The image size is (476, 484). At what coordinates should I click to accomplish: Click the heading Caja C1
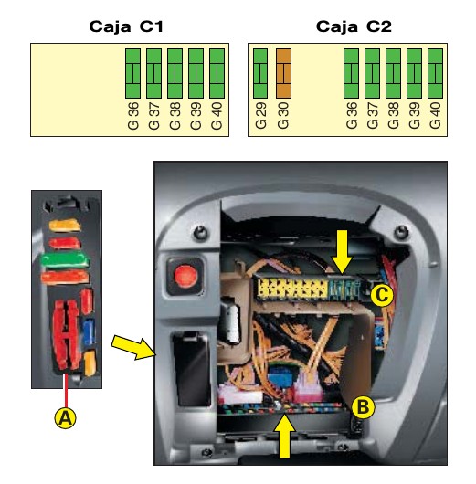point(126,26)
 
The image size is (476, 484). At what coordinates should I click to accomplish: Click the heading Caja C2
point(354,26)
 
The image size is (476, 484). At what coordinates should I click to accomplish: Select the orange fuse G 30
point(283,73)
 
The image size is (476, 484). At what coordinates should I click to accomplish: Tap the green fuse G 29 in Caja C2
point(260,73)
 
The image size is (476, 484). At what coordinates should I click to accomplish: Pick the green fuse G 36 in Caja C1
point(133,73)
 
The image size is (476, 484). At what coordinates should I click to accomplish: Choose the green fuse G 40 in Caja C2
point(435,73)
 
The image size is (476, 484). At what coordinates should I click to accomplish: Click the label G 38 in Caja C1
point(175,116)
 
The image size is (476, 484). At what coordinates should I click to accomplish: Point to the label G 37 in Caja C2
point(373,116)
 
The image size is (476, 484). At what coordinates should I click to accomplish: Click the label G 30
point(283,116)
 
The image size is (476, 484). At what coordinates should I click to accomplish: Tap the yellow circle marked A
point(65,418)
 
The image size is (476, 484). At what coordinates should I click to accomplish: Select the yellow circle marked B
point(364,407)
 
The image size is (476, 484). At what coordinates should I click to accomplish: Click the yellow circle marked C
point(382,295)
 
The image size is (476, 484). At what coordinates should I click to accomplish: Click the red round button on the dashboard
point(185,276)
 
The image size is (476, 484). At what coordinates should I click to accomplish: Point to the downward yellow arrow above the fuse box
point(341,252)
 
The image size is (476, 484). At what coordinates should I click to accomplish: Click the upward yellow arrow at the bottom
point(284,437)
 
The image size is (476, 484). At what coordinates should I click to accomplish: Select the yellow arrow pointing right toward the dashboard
point(133,348)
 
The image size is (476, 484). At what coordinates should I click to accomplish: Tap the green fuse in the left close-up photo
point(65,261)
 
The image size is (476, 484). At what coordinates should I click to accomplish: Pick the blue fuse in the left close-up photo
point(90,331)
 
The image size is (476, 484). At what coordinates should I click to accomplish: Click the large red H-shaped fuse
point(66,335)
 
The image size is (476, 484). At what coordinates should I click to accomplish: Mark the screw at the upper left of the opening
point(200,233)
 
